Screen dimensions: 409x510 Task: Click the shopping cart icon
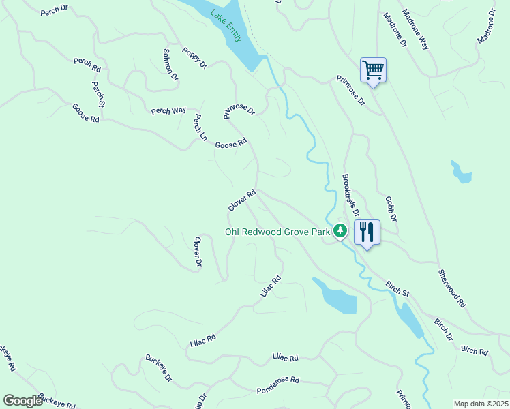373,70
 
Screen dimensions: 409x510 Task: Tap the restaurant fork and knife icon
367,232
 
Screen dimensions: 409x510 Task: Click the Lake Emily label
226,26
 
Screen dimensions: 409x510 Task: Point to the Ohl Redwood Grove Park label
278,232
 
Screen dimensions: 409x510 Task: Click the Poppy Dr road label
194,58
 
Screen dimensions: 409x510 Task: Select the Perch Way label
168,110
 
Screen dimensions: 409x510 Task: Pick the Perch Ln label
200,127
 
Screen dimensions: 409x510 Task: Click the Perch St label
97,94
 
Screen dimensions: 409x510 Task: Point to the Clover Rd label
242,200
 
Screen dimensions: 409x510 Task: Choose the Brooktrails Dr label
350,194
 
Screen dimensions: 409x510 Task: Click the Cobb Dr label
391,209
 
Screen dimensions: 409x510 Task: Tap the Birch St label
397,288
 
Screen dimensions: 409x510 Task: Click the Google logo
22,401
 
